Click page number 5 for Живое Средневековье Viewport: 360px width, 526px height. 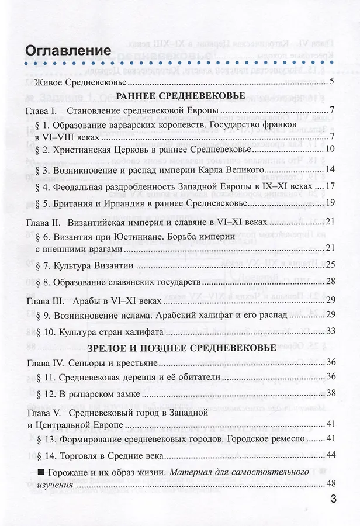coord(331,81)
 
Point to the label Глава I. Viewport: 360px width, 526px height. coord(41,110)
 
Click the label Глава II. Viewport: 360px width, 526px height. coord(43,223)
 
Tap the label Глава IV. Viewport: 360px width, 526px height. coord(45,363)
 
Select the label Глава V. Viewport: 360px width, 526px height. coord(43,413)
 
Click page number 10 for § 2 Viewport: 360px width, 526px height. coord(330,150)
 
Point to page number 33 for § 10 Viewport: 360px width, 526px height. coord(330,331)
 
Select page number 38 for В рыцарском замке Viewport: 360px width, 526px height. coord(330,393)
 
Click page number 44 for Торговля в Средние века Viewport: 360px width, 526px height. coord(330,455)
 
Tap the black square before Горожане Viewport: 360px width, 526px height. coord(40,471)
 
